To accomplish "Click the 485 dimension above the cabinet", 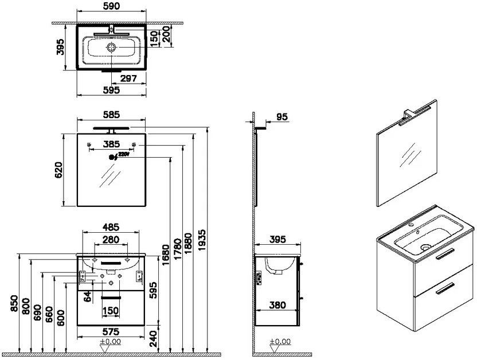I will pos(111,228).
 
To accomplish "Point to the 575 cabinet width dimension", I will pos(111,331).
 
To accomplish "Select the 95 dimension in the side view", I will pos(281,118).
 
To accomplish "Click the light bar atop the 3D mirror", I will pos(414,114).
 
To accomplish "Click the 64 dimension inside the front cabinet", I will pos(88,296).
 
